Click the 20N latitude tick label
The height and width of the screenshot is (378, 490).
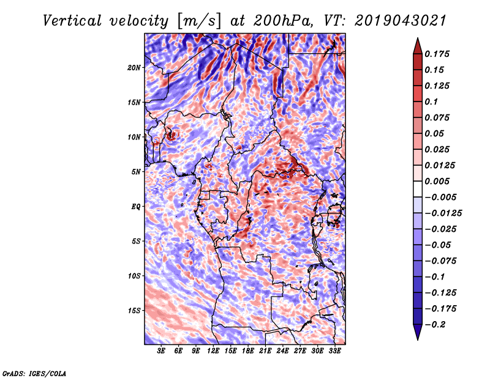coord(134,67)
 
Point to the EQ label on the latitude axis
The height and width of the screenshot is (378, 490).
coord(135,206)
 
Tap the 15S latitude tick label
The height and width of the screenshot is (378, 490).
coord(134,310)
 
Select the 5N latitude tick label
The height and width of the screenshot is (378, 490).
coord(135,171)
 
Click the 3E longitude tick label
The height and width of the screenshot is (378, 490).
coord(162,352)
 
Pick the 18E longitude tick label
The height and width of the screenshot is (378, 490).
coord(249,352)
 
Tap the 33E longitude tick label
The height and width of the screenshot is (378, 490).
coord(335,352)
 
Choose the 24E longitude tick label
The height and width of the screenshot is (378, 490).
coord(283,352)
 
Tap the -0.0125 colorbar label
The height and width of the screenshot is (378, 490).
coord(445,213)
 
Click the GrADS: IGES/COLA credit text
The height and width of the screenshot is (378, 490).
coord(34,372)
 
